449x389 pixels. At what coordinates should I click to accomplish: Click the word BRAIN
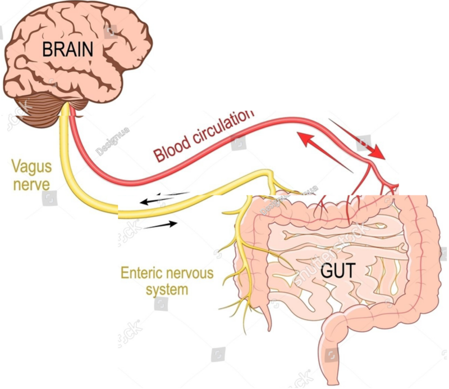point(67,49)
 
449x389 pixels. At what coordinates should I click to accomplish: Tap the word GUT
point(338,271)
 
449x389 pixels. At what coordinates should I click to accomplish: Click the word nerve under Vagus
point(31,185)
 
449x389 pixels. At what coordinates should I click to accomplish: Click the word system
point(167,290)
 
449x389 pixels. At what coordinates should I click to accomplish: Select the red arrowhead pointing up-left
point(305,138)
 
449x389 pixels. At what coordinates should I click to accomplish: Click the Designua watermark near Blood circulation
point(112,142)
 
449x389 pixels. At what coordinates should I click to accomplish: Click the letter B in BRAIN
point(47,49)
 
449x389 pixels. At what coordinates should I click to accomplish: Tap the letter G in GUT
point(327,271)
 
